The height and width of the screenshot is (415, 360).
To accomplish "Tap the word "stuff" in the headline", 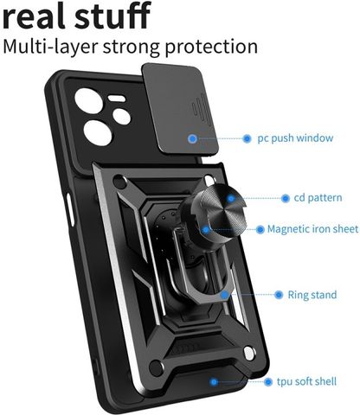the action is [x=112, y=15].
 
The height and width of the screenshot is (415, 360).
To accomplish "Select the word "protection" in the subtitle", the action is [x=211, y=47].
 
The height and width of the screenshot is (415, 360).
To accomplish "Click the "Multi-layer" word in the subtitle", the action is [x=50, y=46].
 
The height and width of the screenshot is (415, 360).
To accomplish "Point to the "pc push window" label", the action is [x=295, y=138].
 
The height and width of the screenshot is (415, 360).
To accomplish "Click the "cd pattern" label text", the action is [x=318, y=198].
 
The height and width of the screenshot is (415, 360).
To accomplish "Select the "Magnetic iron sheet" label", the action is [x=312, y=229].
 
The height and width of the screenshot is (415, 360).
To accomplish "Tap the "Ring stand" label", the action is [x=312, y=295].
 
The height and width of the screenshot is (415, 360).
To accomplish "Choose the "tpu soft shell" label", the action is [x=306, y=381].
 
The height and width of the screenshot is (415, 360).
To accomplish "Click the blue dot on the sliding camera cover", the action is [x=192, y=138].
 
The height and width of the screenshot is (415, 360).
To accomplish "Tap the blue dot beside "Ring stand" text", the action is [x=279, y=295].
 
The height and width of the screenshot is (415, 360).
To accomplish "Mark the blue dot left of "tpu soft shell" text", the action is [x=268, y=382].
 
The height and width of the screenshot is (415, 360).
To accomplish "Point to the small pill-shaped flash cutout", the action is [x=117, y=99].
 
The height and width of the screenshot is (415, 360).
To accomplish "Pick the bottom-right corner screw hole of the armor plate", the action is [x=248, y=354].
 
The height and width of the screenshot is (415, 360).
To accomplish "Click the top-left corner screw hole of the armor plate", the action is [x=120, y=182].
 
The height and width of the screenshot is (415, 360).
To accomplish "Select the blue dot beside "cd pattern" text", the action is [x=286, y=198].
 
